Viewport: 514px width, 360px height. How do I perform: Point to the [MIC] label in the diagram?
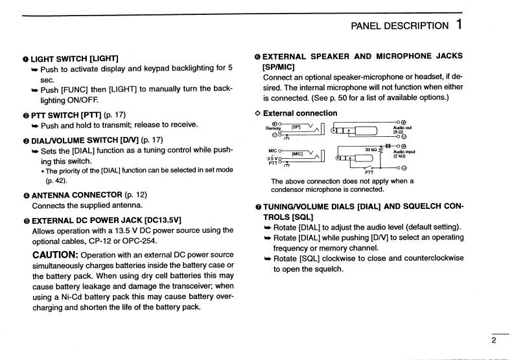pyautogui.click(x=298, y=154)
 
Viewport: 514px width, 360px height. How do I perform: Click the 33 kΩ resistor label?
pyautogui.click(x=371, y=149)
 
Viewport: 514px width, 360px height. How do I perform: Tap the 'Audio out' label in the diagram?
pyautogui.click(x=403, y=128)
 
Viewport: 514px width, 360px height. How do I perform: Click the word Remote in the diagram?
pyautogui.click(x=274, y=128)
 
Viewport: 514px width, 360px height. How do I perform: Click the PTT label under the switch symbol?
pyautogui.click(x=369, y=172)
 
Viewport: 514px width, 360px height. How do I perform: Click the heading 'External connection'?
pyautogui.click(x=300, y=113)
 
